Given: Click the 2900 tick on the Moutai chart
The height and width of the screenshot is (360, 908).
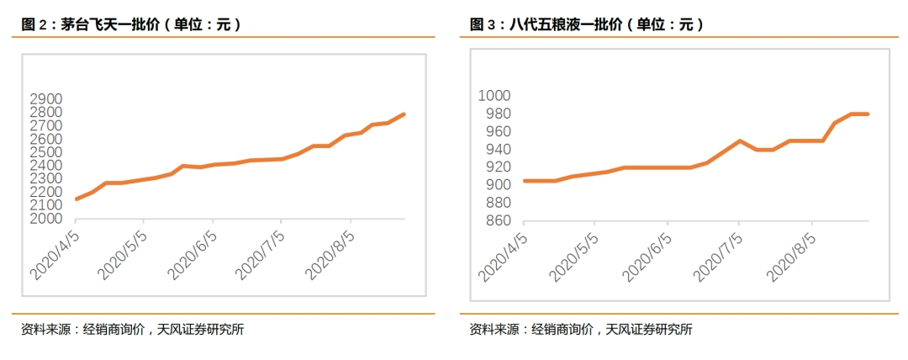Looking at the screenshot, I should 47,99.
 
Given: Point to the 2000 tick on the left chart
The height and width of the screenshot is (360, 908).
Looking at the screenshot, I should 47,219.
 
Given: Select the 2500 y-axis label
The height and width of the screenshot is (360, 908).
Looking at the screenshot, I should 47,152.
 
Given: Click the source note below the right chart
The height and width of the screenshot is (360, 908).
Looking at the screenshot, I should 580,330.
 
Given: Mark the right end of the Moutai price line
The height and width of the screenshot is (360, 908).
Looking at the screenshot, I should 404,114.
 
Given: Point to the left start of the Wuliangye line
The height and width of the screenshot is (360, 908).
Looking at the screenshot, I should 525,181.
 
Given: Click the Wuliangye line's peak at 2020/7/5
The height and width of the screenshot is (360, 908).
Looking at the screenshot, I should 739,140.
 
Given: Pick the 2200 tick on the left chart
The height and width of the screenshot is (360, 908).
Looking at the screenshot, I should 47,193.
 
